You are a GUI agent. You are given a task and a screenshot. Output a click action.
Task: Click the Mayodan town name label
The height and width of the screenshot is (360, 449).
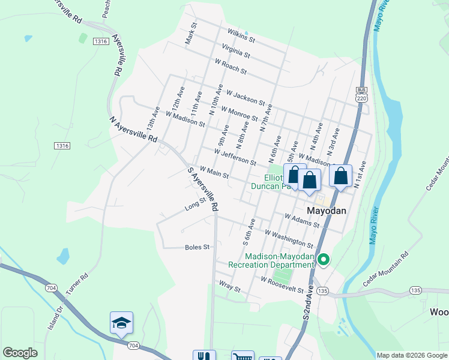[327, 211]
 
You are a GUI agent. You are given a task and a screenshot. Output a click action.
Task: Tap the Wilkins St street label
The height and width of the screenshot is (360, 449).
[242, 36]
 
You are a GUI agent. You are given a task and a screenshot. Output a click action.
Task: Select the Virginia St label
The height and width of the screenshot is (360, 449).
[235, 51]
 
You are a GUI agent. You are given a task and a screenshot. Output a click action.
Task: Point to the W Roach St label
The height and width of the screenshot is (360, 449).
[231, 67]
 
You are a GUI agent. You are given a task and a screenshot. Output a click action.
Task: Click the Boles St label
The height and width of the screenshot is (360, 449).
[197, 247]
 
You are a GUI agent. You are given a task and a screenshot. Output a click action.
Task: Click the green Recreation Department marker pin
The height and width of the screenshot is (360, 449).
[324, 260]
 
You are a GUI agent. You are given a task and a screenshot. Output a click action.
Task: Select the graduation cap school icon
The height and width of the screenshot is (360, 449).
[121, 323]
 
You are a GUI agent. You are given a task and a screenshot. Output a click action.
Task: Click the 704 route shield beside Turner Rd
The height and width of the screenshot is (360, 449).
[51, 289]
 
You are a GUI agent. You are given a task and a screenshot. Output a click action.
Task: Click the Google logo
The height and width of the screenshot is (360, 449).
[20, 353]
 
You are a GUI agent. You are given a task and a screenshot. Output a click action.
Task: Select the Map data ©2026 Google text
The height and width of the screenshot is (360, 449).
[412, 355]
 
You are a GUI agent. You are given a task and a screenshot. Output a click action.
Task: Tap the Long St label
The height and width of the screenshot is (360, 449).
[195, 205]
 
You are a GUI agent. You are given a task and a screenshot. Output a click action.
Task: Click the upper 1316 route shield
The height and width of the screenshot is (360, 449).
[100, 41]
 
